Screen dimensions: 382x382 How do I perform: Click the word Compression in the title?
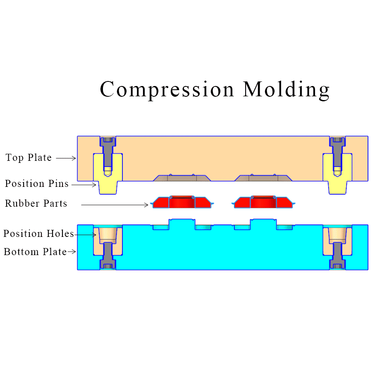click(167, 90)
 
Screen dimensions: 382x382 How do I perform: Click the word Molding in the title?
click(286, 90)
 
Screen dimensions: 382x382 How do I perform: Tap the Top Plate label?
click(29, 158)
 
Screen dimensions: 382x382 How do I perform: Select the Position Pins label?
click(37, 184)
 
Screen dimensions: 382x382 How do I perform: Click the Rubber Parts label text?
click(36, 203)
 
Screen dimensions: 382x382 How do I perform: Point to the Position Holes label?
click(38, 234)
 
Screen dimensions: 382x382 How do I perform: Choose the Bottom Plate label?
click(35, 251)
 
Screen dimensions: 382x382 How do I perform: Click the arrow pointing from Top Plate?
click(66, 158)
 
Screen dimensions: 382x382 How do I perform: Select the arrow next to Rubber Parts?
click(115, 204)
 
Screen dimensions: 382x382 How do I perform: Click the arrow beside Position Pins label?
click(84, 185)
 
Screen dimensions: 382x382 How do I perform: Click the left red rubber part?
click(182, 202)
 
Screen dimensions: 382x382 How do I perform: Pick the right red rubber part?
click(263, 202)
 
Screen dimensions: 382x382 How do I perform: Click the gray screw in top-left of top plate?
click(107, 150)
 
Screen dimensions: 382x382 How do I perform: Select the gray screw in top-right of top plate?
click(338, 150)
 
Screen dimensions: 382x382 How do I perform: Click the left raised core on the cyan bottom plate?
click(182, 224)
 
